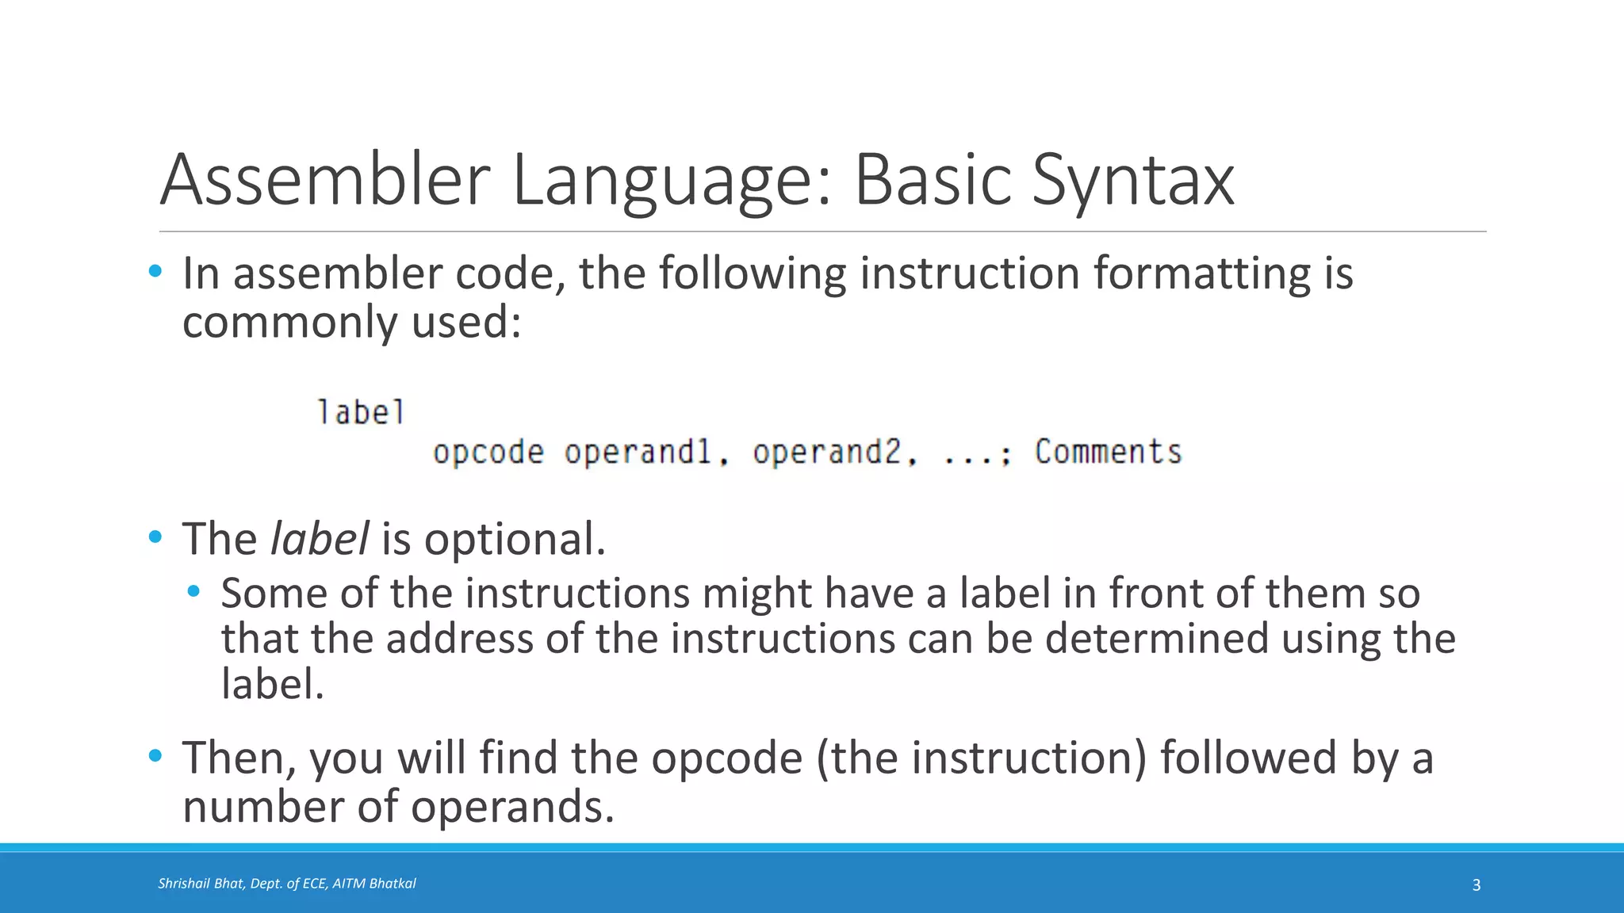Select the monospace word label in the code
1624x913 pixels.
tap(361, 413)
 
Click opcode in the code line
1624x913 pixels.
tap(488, 453)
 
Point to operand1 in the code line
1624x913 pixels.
tap(638, 453)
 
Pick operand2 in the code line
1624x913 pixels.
tap(827, 453)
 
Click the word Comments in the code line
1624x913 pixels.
tap(1108, 452)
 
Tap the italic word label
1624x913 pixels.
tap(319, 539)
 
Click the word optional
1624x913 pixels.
tap(514, 541)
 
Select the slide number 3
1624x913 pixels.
tap(1476, 885)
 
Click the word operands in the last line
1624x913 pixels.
tap(512, 807)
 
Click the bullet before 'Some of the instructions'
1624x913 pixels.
tap(193, 591)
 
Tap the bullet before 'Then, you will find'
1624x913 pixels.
tap(155, 755)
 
